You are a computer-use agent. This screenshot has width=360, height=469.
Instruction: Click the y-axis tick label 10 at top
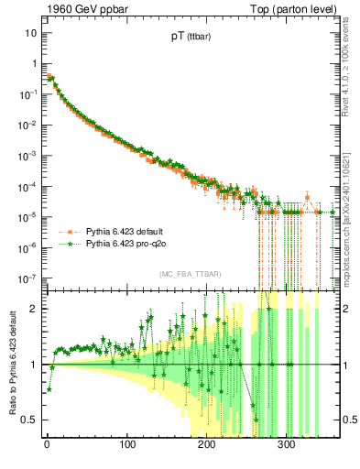[x=30, y=33]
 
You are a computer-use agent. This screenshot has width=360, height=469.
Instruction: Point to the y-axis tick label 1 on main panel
[x=34, y=63]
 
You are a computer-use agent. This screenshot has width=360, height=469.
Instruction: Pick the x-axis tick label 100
[x=125, y=444]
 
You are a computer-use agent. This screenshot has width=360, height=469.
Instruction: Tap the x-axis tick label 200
[x=206, y=444]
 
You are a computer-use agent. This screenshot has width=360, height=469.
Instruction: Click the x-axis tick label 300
[x=286, y=444]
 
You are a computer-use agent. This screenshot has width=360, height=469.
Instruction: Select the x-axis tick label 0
[x=46, y=444]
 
